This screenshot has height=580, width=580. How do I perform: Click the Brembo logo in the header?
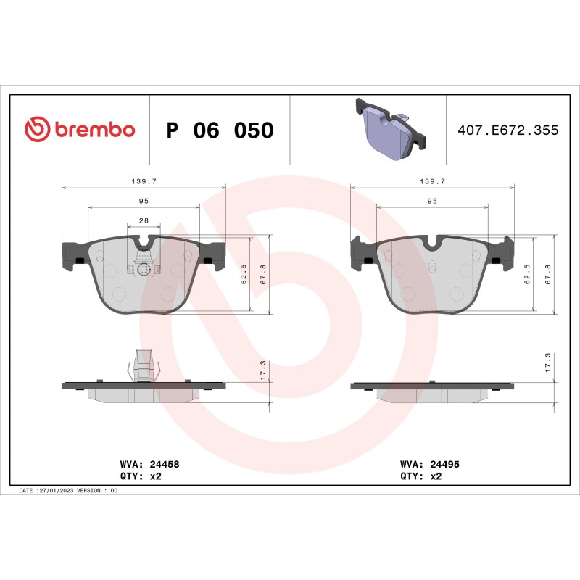[80, 130]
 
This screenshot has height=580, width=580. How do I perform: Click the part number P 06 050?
[220, 130]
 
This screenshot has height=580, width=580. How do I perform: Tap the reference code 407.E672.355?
[507, 130]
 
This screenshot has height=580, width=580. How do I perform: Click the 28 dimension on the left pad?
[144, 220]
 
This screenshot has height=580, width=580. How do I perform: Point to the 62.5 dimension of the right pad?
[527, 275]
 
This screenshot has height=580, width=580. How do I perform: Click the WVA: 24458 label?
[144, 463]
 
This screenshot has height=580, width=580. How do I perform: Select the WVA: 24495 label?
[430, 463]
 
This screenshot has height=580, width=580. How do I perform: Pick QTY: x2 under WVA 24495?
[421, 476]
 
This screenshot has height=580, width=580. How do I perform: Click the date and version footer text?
[68, 491]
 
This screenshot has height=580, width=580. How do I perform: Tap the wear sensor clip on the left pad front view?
[144, 267]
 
